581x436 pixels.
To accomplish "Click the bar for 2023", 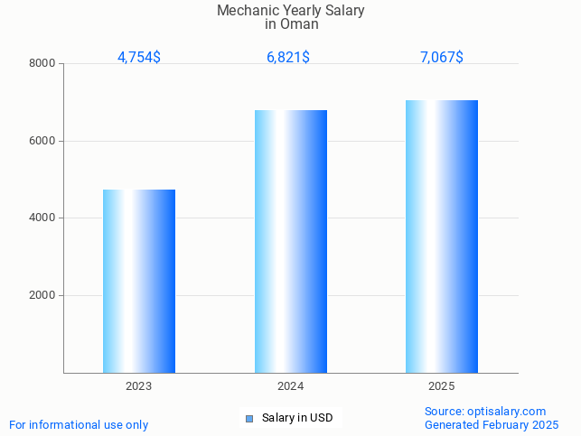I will (139, 281).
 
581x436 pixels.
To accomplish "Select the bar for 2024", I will (290, 241).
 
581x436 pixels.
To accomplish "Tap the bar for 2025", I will (442, 237).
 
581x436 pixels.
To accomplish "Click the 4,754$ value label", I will (139, 58).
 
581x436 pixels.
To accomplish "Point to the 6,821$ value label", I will (288, 58).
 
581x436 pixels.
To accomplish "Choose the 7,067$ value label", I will (442, 58).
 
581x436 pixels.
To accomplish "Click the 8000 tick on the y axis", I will (42, 64).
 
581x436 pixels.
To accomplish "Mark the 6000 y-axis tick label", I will (42, 141).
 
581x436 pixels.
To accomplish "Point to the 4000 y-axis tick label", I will (42, 218).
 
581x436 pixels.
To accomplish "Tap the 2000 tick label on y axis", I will (42, 296).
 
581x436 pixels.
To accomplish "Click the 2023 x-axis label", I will (139, 386).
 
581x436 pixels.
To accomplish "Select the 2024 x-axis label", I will (290, 386).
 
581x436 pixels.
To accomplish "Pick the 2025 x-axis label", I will (442, 386).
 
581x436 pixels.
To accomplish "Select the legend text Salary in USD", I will (297, 418).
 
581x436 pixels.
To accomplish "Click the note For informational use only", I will (79, 424).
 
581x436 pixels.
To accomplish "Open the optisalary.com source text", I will (485, 412).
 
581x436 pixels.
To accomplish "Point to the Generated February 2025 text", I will (492, 424).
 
